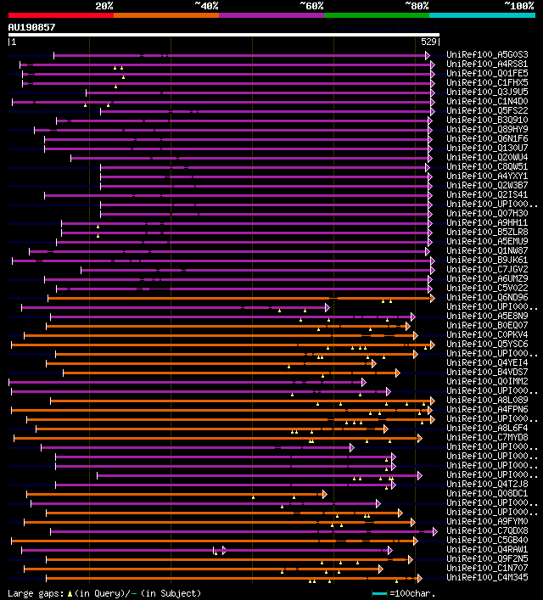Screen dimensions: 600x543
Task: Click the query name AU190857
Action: coord(31,27)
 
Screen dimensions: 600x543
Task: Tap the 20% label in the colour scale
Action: coord(104,6)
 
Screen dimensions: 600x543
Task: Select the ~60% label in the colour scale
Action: coord(311,6)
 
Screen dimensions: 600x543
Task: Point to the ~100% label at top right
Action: coord(518,6)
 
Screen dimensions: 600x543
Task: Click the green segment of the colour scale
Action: coord(376,15)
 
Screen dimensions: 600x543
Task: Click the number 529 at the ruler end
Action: coord(428,42)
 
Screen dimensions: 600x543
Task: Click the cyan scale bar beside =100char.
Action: coord(378,593)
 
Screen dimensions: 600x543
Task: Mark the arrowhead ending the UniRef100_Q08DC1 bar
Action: coord(324,494)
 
